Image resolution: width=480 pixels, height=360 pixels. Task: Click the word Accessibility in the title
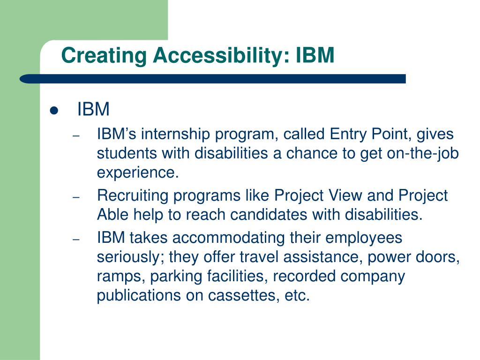[x=221, y=56]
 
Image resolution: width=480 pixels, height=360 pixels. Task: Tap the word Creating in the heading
[x=104, y=56]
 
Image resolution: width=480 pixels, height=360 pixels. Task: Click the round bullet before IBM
[x=54, y=110]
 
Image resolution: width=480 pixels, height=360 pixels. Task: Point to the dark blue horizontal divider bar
[x=212, y=79]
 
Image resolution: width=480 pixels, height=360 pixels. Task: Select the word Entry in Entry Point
[x=348, y=135]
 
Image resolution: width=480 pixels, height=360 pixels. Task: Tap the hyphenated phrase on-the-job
[x=423, y=153]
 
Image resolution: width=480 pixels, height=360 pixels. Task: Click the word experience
[x=137, y=173]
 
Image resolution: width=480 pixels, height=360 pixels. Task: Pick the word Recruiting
[x=133, y=196]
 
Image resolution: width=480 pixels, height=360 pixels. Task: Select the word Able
[x=112, y=214]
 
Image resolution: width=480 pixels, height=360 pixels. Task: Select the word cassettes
[x=243, y=295]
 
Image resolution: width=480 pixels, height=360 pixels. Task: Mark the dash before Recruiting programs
[x=76, y=197]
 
